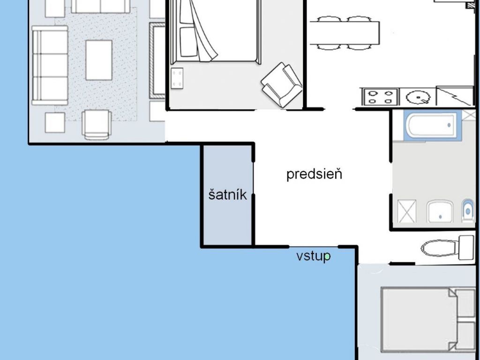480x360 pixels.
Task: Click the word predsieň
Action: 314,174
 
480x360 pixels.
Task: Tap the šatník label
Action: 227,195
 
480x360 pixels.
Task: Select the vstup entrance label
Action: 314,256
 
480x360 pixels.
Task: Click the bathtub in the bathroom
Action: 432,125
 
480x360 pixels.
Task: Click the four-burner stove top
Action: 380,97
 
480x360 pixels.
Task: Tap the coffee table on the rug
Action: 99,60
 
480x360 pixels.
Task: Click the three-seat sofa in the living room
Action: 50,66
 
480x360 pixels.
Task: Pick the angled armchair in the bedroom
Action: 281,85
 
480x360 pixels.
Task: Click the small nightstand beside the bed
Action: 177,78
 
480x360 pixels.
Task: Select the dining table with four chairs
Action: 345,33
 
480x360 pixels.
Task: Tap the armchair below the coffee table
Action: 97,125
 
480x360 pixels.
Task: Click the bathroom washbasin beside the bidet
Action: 440,211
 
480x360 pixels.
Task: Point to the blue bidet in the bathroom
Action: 467,210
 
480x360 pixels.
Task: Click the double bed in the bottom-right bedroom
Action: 428,320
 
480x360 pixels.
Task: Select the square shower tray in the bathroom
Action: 407,211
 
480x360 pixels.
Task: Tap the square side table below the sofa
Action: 55,123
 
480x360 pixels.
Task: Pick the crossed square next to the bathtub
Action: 468,115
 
